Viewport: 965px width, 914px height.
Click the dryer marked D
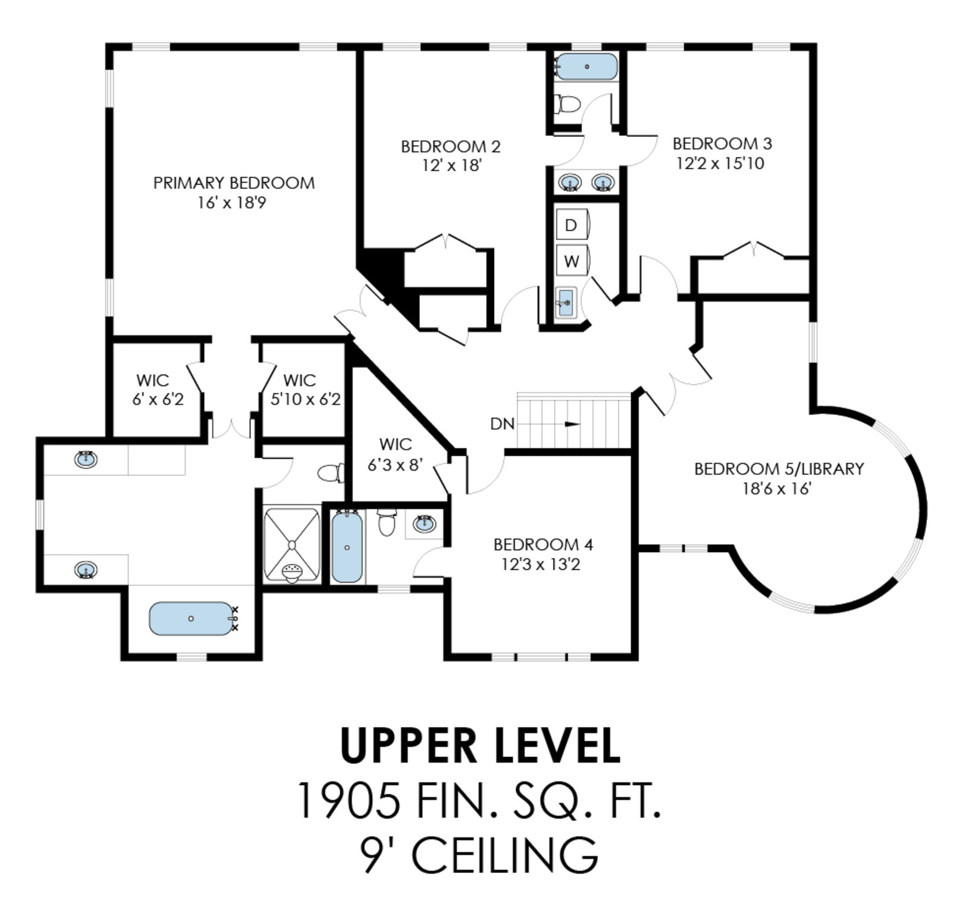(572, 225)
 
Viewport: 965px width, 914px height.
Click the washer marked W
(572, 261)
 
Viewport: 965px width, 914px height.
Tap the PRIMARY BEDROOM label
(234, 183)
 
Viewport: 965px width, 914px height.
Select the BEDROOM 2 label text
(451, 147)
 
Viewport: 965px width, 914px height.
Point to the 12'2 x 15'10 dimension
(720, 163)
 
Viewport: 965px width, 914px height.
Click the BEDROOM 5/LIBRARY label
(779, 469)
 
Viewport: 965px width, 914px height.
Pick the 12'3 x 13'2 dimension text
(541, 565)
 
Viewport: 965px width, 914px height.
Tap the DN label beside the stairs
(502, 424)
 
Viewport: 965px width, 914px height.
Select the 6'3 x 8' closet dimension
(396, 465)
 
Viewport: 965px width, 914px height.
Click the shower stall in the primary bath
(293, 545)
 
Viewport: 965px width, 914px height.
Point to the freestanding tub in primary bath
(191, 618)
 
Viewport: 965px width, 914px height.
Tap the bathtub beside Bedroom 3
(586, 67)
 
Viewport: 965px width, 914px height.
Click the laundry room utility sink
(566, 302)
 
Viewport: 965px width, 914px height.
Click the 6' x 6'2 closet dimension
(158, 399)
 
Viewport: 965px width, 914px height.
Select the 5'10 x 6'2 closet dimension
(306, 399)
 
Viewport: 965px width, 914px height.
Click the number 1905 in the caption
(350, 800)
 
